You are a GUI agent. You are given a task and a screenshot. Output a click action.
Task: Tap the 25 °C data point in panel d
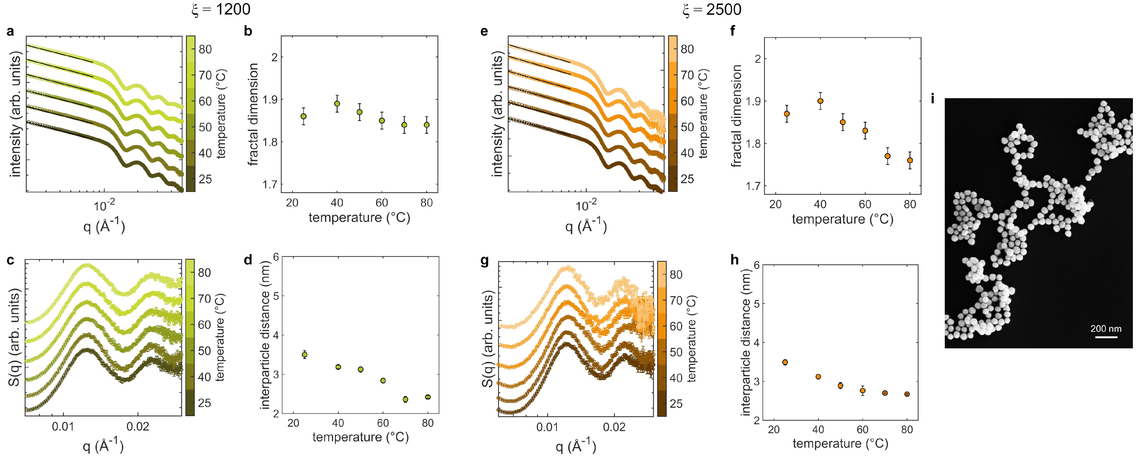point(304,355)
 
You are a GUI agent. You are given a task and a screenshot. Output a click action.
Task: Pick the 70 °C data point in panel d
point(405,399)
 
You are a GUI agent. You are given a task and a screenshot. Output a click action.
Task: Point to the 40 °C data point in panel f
point(820,101)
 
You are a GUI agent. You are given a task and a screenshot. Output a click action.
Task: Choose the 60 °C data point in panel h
point(863,391)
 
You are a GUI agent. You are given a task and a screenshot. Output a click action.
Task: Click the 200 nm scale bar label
point(1106,329)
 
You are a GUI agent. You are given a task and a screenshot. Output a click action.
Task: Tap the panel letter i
point(932,99)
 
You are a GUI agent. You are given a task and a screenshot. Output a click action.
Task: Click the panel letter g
point(485,261)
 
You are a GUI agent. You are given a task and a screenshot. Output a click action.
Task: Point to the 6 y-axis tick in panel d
point(276,257)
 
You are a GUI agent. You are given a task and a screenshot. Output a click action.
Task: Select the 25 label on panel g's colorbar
point(676,404)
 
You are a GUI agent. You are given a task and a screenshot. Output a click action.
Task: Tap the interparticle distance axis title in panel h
point(746,343)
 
